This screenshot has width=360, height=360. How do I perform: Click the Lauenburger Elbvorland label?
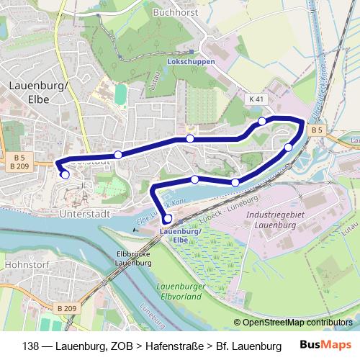click(181, 290)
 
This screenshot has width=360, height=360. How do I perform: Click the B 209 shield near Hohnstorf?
click(66, 308)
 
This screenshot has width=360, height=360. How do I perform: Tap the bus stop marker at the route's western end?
click(65, 174)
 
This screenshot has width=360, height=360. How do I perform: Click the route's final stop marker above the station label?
click(168, 219)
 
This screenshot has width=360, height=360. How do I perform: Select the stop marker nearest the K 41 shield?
click(262, 121)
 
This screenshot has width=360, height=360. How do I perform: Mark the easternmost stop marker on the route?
click(289, 148)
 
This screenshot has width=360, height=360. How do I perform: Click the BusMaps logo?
click(325, 345)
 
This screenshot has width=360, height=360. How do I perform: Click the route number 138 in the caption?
click(32, 346)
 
